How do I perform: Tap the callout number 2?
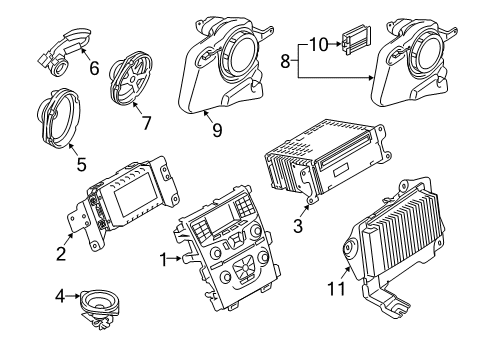(62, 254)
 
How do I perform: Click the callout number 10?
(318, 44)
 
